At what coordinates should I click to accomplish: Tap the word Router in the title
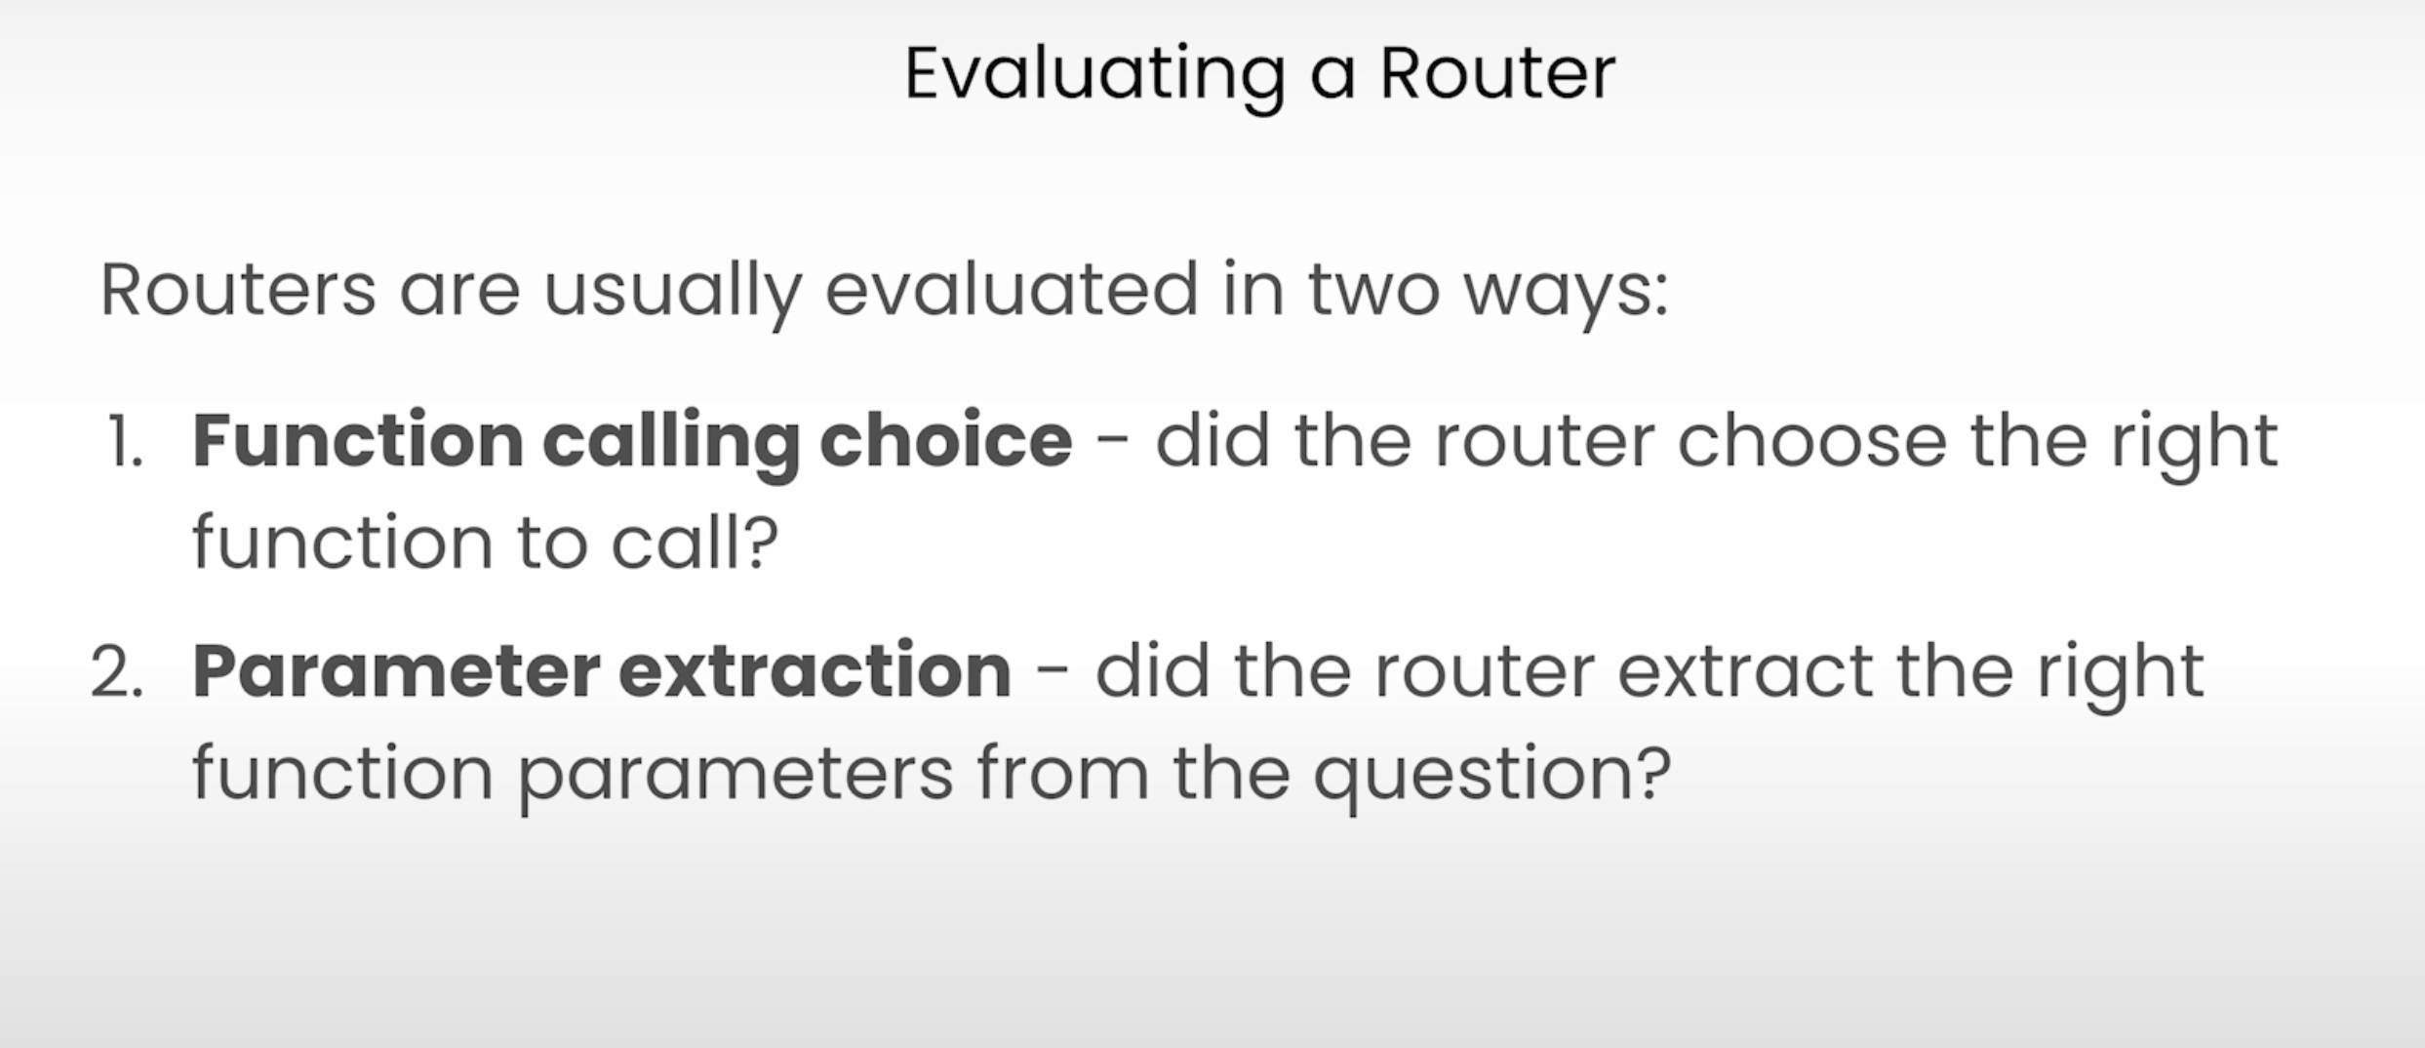(1497, 73)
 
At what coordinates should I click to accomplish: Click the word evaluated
(1012, 290)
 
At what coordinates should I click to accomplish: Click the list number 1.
(124, 441)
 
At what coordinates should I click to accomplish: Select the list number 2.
(117, 671)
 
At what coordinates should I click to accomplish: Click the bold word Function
(358, 441)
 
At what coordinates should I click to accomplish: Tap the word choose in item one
(1811, 441)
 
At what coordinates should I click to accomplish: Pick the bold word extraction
(815, 671)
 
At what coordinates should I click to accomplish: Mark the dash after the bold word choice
(1113, 444)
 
